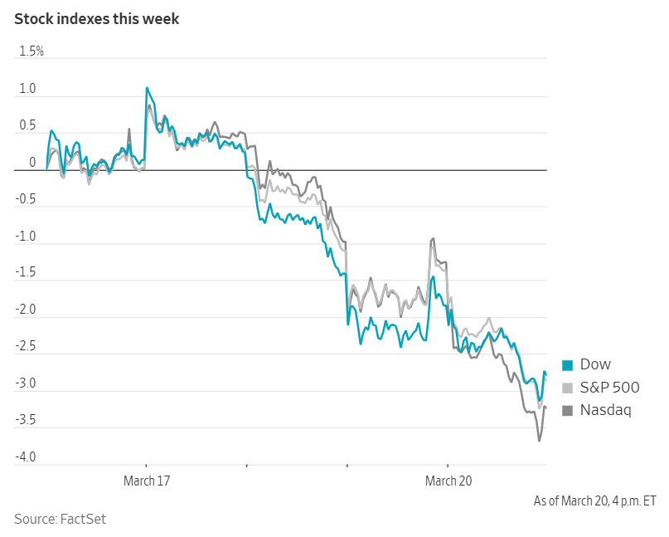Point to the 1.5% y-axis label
point(31,51)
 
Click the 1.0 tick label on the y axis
point(27,89)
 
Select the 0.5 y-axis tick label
point(27,125)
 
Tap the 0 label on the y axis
point(32,163)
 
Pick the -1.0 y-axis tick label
point(25,236)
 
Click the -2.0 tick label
point(25,310)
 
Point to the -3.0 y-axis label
point(25,383)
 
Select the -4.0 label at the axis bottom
point(25,457)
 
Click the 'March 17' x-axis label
point(147,481)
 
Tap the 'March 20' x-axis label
point(448,481)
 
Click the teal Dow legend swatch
point(568,365)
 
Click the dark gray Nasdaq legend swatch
point(568,410)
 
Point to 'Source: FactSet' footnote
point(60,519)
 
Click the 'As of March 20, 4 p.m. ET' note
point(594,501)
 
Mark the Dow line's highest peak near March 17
point(147,87)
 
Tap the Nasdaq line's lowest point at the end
point(539,441)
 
